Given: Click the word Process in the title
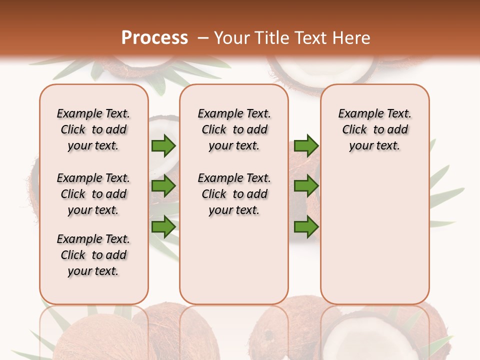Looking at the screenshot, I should tap(154, 37).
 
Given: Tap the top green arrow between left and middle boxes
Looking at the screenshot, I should tap(163, 145).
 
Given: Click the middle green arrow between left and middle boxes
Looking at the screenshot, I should tap(163, 186).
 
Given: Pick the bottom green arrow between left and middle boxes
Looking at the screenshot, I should tap(163, 226).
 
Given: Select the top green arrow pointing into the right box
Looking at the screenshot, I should tap(306, 145).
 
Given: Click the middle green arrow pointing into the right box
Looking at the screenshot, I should tap(306, 186).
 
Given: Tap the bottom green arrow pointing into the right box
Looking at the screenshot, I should tap(306, 226).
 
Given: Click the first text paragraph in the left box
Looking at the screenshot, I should tap(93, 129).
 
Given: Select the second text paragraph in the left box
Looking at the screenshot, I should tap(93, 194).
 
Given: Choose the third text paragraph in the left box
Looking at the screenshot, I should tap(93, 255).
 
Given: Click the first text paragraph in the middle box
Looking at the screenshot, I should tap(234, 129).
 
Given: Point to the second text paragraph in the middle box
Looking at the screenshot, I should tap(234, 194).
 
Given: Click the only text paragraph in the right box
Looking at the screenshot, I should tap(374, 129).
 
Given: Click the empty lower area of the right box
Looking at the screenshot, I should tap(374, 235).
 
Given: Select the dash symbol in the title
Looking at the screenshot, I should tap(203, 38).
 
